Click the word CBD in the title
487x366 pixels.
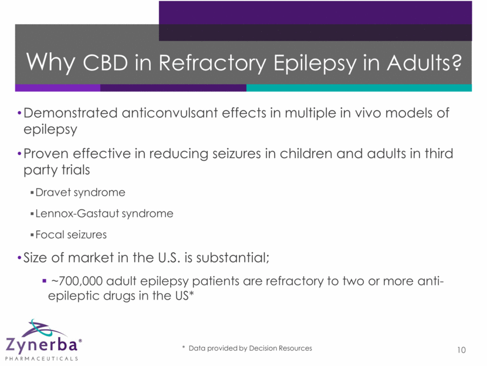coord(105,62)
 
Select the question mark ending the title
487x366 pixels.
coord(456,62)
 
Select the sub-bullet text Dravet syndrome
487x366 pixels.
coord(80,193)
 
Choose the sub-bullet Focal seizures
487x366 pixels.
coord(71,234)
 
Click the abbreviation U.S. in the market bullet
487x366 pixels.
coord(169,257)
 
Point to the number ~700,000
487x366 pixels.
coord(77,281)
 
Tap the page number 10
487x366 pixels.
coord(461,350)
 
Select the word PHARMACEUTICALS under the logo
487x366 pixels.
coord(41,358)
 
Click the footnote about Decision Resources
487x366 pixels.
coord(247,348)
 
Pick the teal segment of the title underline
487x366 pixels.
coord(359,88)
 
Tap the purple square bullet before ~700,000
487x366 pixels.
coord(44,281)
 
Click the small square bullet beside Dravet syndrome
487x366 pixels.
coord(32,193)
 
